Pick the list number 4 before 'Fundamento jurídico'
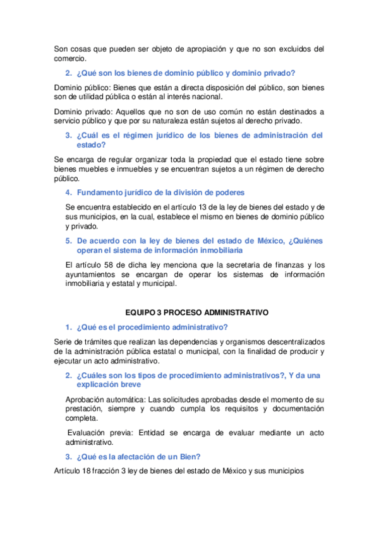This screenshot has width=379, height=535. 68,192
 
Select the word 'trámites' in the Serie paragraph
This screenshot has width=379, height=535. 93,342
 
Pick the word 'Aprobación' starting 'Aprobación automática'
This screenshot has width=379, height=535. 87,399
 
